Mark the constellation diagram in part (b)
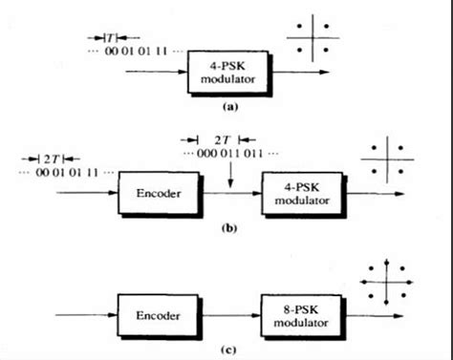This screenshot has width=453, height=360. (386, 161)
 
